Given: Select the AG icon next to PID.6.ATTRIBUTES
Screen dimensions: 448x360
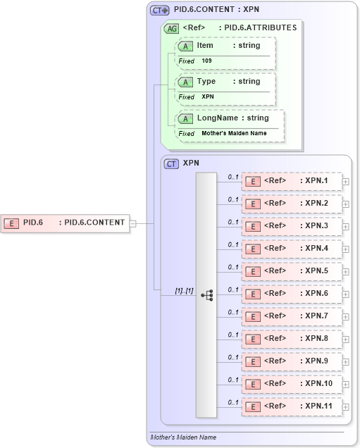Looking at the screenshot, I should [171, 29].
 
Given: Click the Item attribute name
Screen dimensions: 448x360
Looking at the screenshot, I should [204, 46].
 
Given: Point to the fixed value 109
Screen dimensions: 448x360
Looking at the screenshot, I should [206, 61].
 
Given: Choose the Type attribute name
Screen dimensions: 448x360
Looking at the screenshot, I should [206, 82].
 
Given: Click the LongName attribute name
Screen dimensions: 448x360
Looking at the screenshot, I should [217, 118].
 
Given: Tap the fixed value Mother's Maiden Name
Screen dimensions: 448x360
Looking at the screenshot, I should [234, 133].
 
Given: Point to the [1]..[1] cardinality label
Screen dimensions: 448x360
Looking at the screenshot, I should [184, 290].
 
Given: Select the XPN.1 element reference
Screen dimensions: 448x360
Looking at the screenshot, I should [292, 181].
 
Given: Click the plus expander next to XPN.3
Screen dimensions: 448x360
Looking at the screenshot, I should [345, 227].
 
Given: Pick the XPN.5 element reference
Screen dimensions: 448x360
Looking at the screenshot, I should [292, 271].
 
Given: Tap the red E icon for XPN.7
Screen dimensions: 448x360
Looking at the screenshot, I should [252, 316].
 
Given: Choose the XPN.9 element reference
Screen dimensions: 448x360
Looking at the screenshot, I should [292, 361].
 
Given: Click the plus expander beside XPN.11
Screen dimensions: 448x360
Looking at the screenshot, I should [345, 407].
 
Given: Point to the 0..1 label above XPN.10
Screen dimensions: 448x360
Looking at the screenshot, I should [233, 380].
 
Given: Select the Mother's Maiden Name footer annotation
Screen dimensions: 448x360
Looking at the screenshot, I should [183, 437].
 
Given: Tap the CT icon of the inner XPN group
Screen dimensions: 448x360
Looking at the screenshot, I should [171, 163].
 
